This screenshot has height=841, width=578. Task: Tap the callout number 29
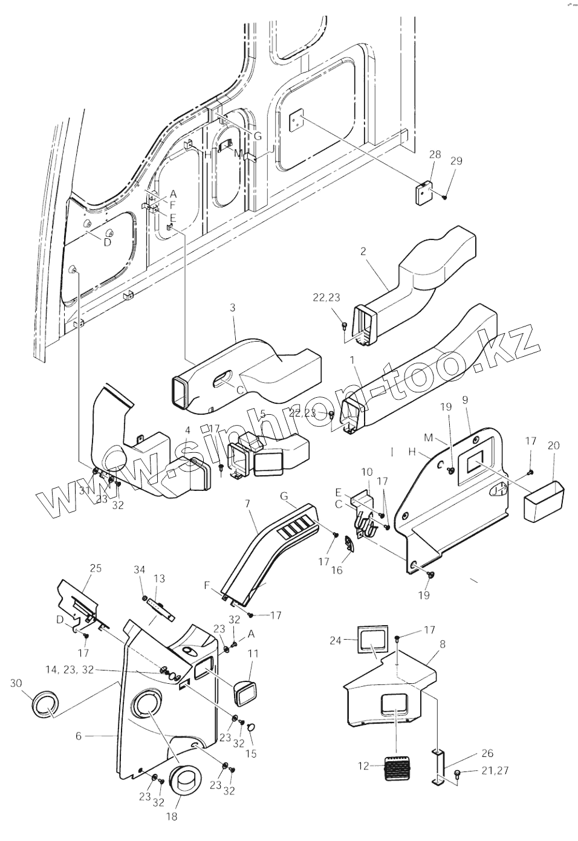tap(456, 161)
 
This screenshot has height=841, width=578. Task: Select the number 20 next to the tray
tap(553, 446)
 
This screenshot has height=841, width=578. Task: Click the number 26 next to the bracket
tap(487, 753)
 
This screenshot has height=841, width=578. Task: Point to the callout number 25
tap(95, 568)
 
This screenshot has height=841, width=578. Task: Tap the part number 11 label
tap(253, 653)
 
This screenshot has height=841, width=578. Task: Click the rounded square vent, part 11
tap(248, 689)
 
